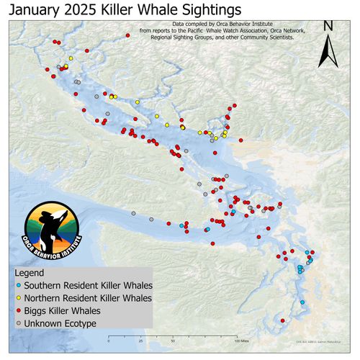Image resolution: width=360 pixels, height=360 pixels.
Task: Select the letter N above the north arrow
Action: pos(328,26)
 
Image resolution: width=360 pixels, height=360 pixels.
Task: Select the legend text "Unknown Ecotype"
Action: pos(60,323)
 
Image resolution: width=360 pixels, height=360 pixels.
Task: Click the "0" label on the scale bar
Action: pos(108,342)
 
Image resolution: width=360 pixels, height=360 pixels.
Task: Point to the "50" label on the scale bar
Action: pos(172,342)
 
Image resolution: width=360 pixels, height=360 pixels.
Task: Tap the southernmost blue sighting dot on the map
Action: pos(302,302)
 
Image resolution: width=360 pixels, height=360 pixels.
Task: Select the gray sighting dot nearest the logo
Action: pos(133,213)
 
